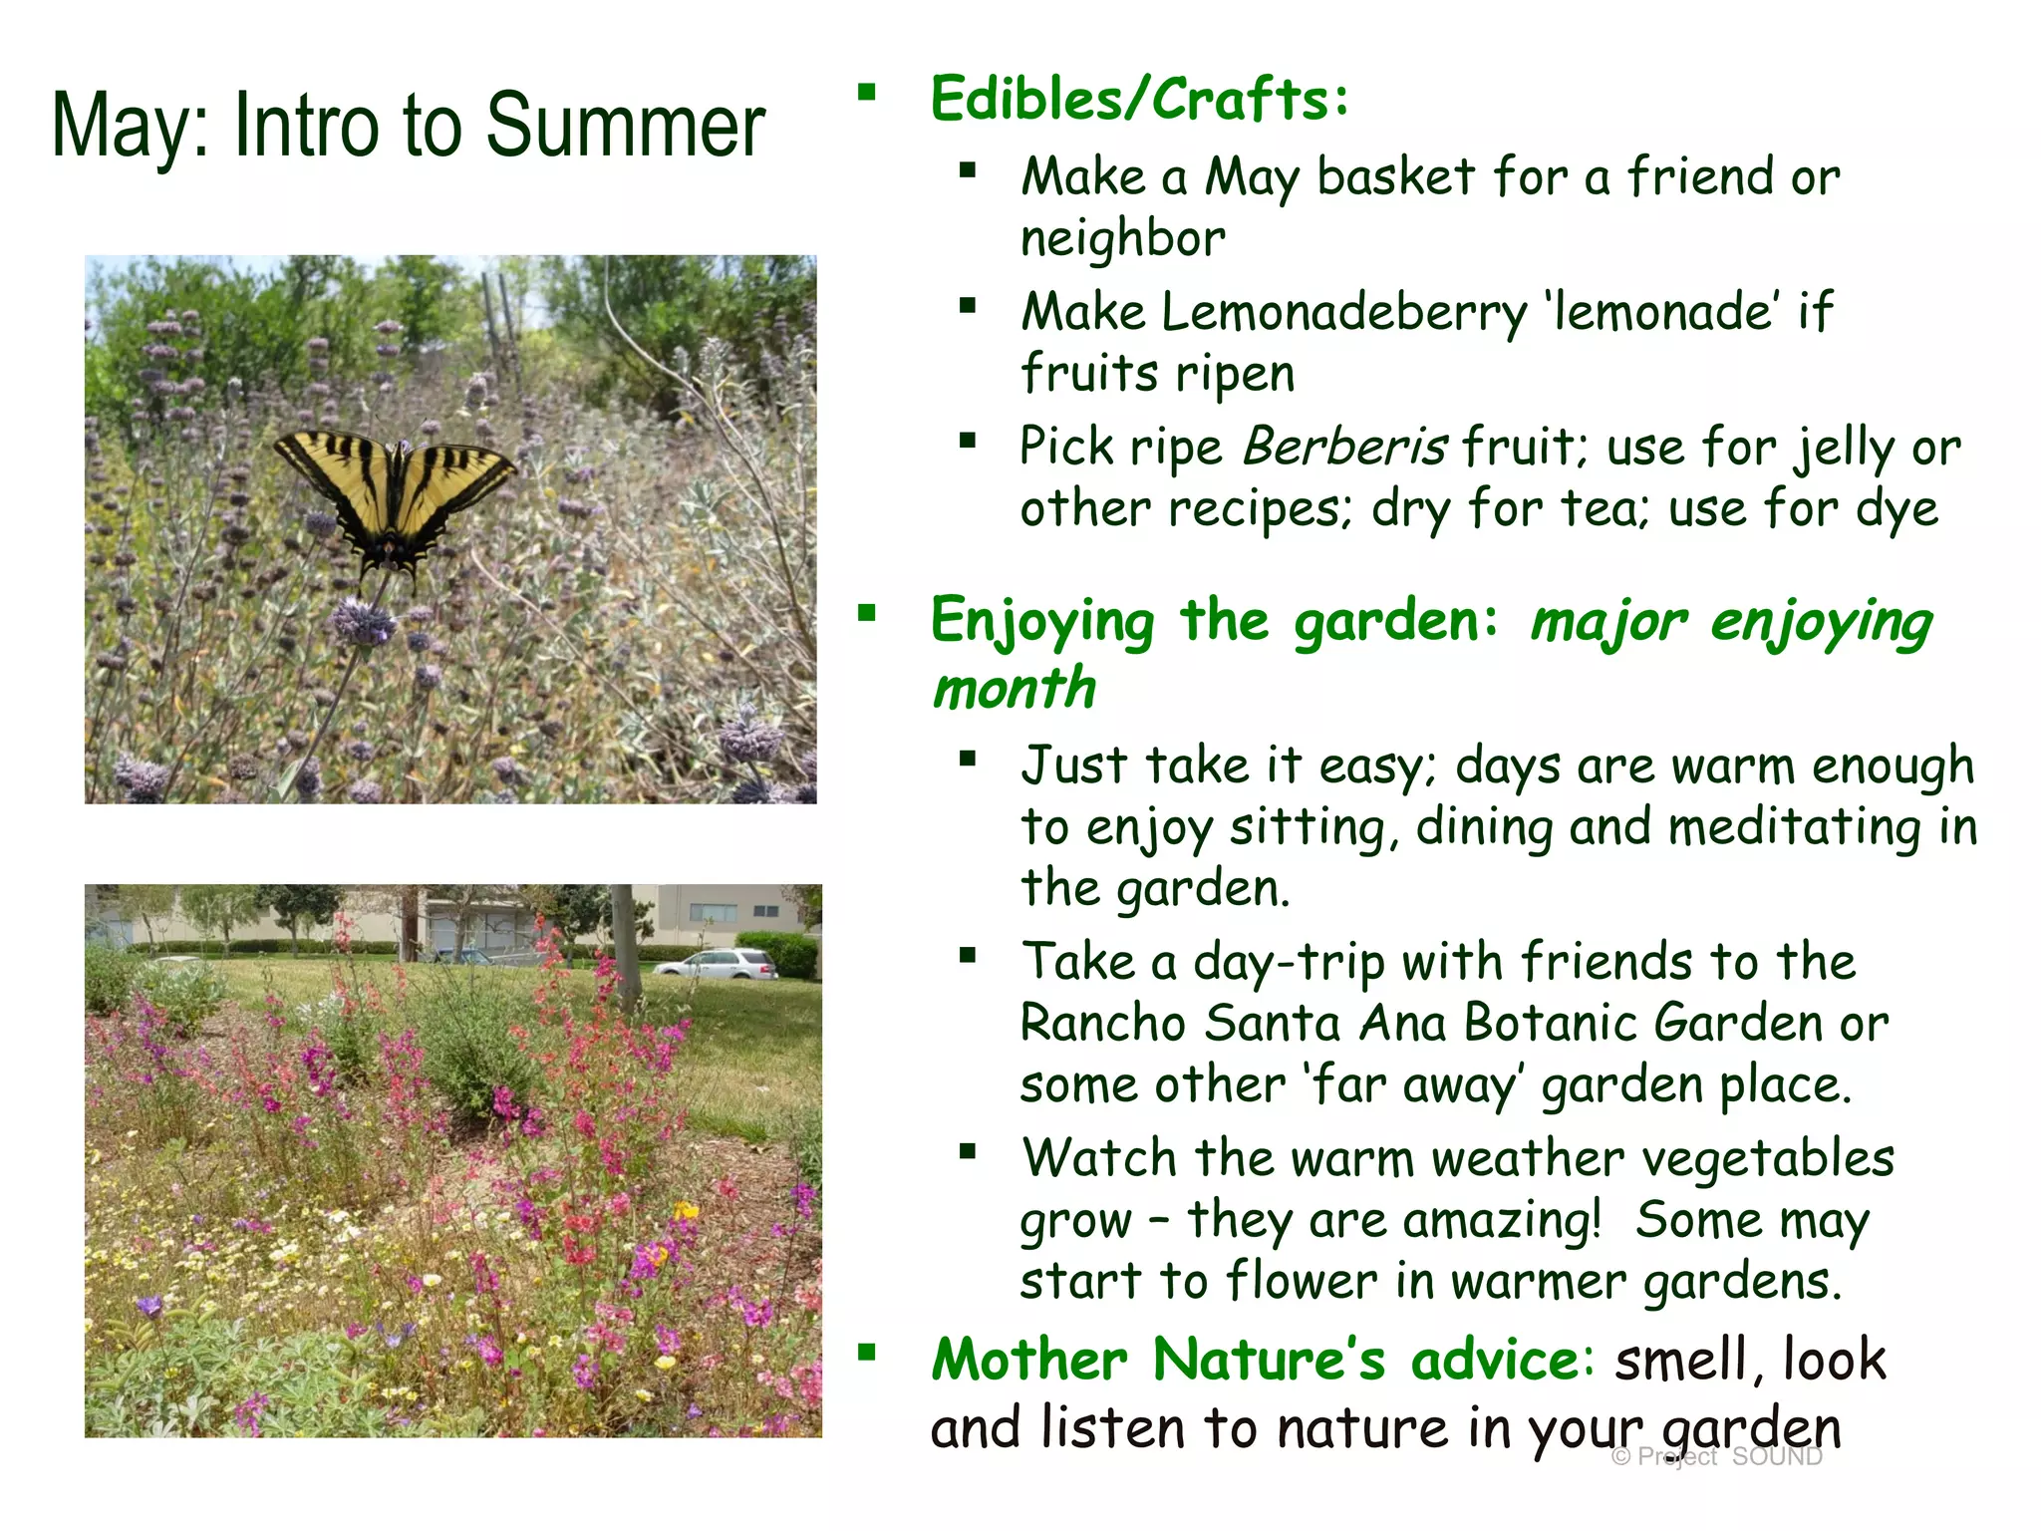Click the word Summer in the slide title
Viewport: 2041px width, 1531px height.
(x=625, y=127)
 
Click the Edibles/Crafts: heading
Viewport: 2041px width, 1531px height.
(x=1139, y=100)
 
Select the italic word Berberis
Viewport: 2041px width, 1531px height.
(x=1345, y=447)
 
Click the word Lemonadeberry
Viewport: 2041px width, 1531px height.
(x=1343, y=313)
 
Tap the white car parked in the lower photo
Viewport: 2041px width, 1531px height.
(x=716, y=964)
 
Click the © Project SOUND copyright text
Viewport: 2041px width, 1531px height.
(x=1716, y=1457)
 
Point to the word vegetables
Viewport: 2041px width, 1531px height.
(x=1767, y=1159)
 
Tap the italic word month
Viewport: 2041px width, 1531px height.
(x=1014, y=689)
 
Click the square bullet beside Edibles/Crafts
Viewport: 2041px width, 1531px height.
(x=867, y=94)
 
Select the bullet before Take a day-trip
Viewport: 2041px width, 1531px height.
(x=967, y=956)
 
